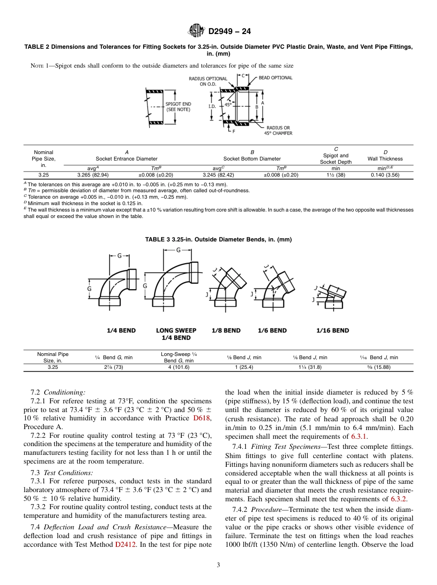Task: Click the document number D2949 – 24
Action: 230,32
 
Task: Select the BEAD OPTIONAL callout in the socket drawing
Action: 275,78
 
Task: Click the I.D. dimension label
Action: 212,106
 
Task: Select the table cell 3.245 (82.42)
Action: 218,175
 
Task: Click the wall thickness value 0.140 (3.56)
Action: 385,175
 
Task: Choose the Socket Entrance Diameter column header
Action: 126,159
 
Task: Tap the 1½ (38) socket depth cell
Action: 336,175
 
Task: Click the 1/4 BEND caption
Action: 121,330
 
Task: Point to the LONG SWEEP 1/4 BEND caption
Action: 176,334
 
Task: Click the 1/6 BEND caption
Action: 272,330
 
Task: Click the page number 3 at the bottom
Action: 218,565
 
